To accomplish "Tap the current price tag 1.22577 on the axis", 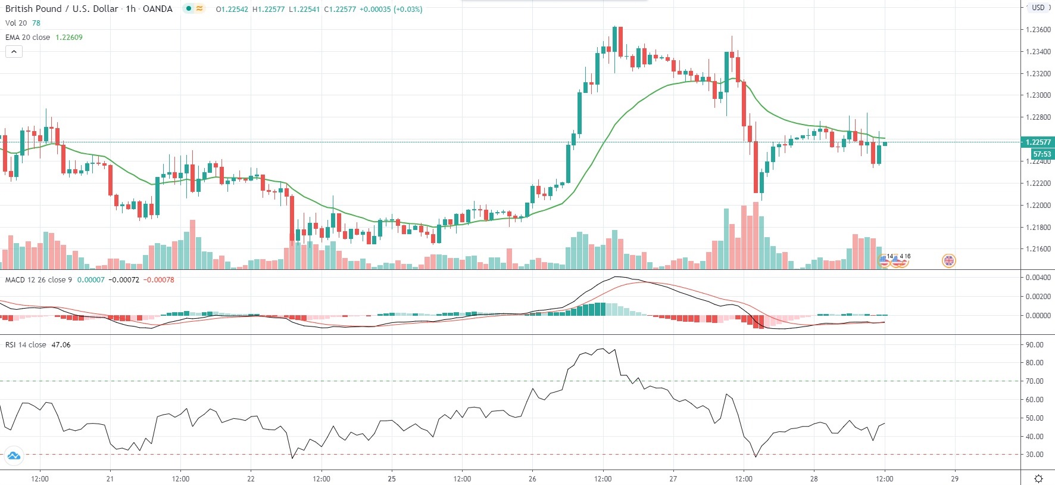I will pos(1038,142).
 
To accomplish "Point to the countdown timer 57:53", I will pos(1041,154).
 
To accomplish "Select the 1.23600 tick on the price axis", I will pos(1038,30).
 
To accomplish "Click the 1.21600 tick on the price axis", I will pos(1038,249).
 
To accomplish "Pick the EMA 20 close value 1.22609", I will pos(69,37).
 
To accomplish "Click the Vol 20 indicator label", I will pos(16,23).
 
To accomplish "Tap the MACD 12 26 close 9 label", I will pos(38,279).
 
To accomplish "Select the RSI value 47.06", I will pos(61,344).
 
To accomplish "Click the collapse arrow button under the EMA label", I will pos(14,51).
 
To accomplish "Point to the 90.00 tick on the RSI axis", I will pos(1034,344).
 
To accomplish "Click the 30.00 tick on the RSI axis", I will pos(1034,454).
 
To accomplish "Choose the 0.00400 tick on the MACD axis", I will pos(1037,277).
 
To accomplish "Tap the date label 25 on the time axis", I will pos(392,478).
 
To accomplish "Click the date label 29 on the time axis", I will pos(954,478).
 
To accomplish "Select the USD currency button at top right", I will pos(1038,8).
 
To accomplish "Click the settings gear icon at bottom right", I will pos(1038,478).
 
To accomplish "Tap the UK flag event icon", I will pos(948,260).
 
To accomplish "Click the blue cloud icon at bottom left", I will pos(13,456).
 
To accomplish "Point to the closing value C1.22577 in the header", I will pos(339,9).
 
